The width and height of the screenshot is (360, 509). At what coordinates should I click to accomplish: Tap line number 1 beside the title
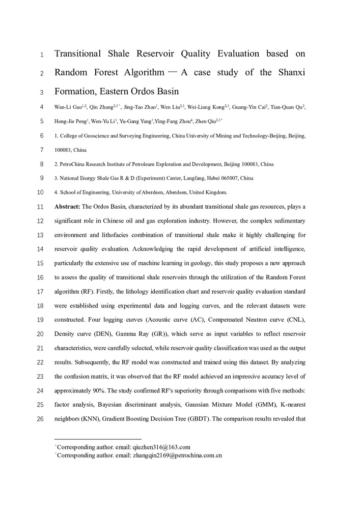coord(42,54)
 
